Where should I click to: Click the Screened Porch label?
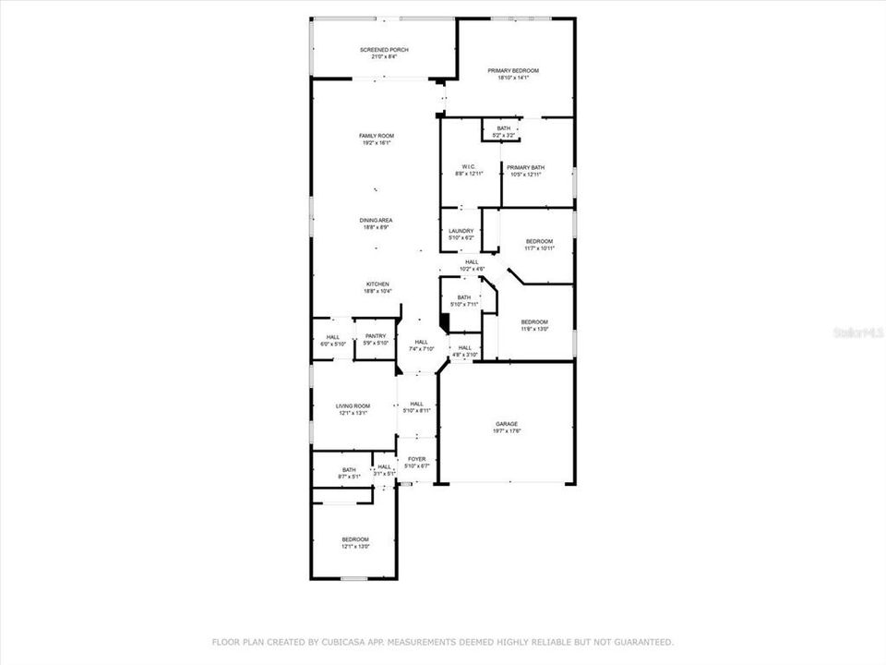pos(384,53)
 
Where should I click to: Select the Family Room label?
pos(377,139)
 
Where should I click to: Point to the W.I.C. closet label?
pos(469,170)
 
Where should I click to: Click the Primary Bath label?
pos(525,170)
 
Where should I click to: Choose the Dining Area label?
pos(377,223)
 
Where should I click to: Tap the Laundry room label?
pos(461,234)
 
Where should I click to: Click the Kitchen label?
pos(377,287)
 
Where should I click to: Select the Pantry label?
pos(376,339)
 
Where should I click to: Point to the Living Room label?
pos(353,408)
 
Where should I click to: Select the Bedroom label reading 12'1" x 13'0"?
pos(355,542)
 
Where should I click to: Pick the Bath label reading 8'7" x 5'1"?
pos(349,473)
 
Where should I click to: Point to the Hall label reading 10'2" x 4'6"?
pos(473,265)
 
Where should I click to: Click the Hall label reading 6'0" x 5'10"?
pos(332,340)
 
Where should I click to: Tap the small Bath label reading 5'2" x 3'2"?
pos(503,131)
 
